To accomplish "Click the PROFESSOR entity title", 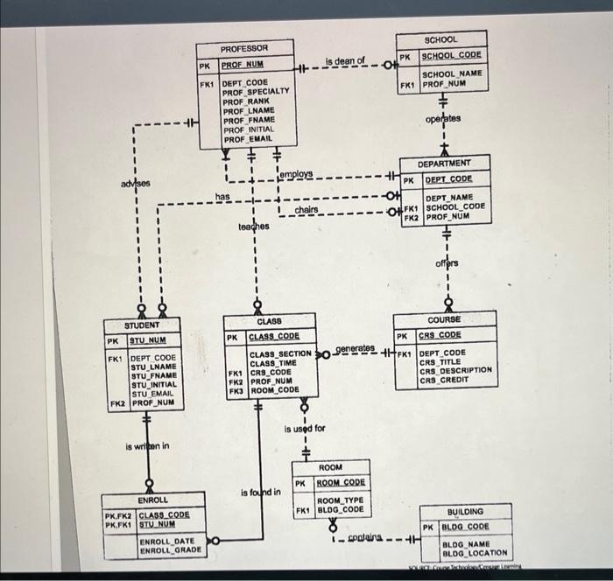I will point(243,49).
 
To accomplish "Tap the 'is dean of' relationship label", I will point(344,60).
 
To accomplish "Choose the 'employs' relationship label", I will point(295,176).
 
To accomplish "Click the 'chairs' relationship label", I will point(306,210).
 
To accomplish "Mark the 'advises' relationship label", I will point(136,184).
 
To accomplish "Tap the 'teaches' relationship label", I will point(255,227).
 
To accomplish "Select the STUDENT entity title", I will point(141,325).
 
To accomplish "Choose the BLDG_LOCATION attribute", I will point(474,553).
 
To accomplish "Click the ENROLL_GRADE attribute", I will point(170,550).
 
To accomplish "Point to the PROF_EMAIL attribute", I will point(248,139).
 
